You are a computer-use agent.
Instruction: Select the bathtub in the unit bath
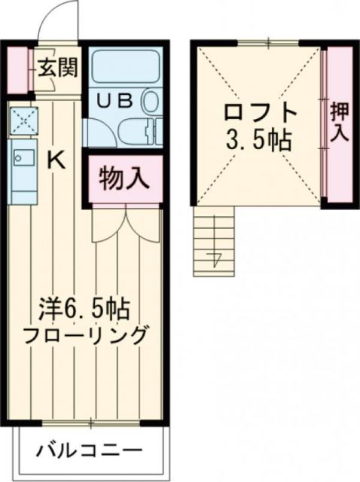[124, 66]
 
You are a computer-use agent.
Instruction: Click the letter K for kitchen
[55, 159]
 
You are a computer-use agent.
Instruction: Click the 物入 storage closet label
[123, 179]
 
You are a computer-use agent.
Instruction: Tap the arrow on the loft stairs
[216, 260]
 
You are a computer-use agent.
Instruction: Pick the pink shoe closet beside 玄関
[19, 70]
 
